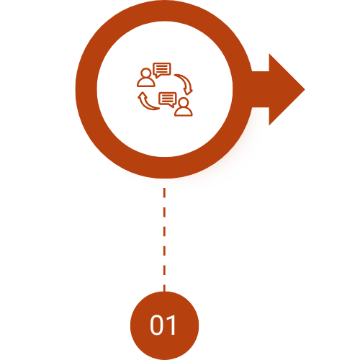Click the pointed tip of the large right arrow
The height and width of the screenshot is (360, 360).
coord(304,89)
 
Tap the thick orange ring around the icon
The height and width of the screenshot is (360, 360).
coord(86,89)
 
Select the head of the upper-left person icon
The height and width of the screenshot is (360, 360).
coord(146,73)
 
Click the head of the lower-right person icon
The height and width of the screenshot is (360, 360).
coord(184,102)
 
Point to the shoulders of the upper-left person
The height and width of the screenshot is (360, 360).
coord(146,82)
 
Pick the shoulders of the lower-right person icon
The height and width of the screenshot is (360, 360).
coord(184,112)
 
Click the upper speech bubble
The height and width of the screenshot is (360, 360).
coord(162,70)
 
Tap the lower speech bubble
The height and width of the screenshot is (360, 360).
coord(168,99)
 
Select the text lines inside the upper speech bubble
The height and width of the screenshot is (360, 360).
coord(162,68)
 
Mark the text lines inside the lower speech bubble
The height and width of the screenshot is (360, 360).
coord(168,98)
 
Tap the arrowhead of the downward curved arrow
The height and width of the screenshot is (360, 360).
coord(188,91)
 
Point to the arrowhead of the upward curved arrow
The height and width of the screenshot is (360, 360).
coord(142,95)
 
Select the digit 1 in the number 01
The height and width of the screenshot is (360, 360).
coord(171,325)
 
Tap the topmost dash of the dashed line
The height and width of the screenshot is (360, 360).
coord(164,193)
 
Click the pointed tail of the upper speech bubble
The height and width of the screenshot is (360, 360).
coord(157,76)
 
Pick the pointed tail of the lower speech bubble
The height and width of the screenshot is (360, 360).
coord(172,106)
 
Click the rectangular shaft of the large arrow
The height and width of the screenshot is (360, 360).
coord(260,89)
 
